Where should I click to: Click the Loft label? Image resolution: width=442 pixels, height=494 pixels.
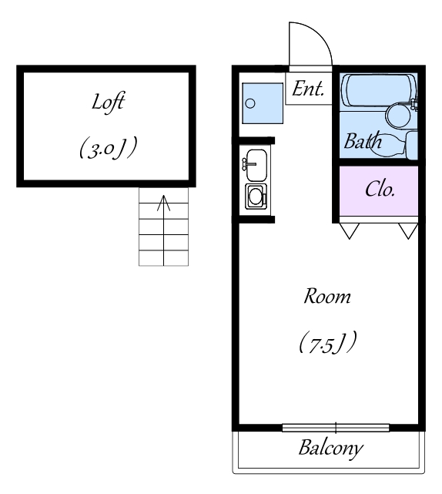[108, 102]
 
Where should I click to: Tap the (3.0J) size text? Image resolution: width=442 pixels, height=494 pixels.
[109, 147]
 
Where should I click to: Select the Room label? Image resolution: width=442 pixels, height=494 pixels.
[327, 296]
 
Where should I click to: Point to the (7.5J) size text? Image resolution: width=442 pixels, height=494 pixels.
[327, 342]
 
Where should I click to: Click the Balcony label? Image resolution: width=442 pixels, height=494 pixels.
[331, 449]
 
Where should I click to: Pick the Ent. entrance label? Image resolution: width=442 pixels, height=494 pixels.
[308, 89]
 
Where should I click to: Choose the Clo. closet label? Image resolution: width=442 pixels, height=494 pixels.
[380, 190]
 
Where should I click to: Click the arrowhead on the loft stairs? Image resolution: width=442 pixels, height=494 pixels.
[164, 203]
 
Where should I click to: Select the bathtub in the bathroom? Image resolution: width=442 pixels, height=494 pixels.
[378, 90]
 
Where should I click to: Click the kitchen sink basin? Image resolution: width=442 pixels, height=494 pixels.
[256, 165]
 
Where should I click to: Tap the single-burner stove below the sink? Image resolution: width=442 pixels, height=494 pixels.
[256, 196]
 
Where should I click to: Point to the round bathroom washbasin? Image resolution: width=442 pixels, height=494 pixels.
[398, 116]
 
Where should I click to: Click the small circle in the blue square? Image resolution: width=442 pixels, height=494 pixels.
[250, 103]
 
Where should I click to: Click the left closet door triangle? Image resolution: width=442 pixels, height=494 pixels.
[350, 230]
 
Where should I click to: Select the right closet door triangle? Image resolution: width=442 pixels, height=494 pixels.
[408, 230]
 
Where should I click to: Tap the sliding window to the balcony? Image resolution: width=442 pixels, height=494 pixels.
[336, 428]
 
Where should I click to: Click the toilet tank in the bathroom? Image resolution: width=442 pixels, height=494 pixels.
[411, 145]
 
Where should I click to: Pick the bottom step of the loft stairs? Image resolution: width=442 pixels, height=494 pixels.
[164, 258]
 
